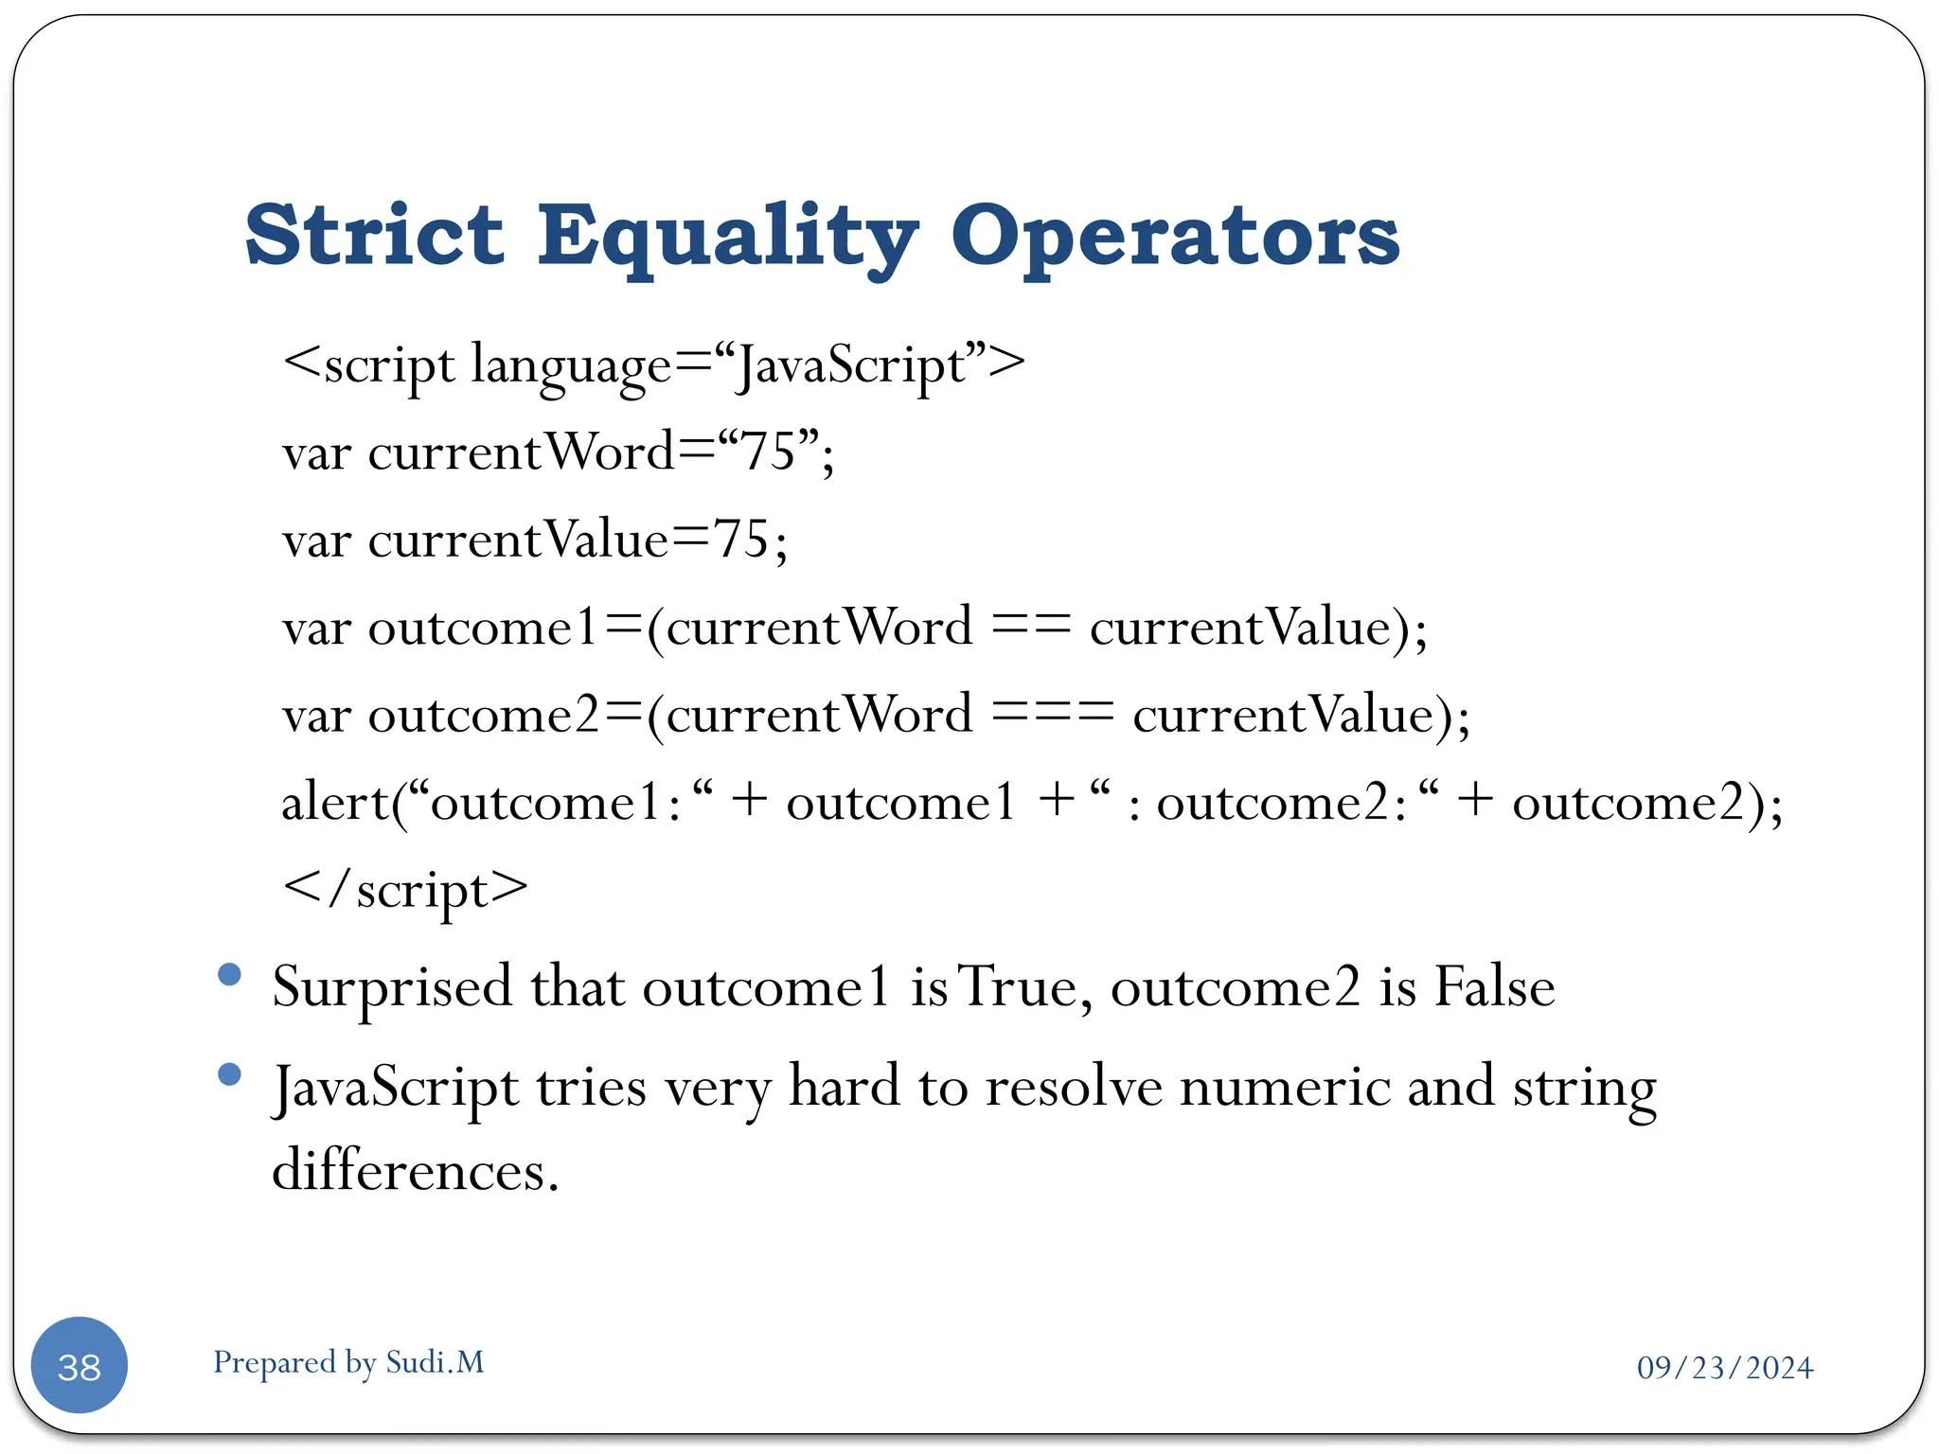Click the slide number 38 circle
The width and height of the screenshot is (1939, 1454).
80,1365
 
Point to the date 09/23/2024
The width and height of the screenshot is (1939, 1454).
1724,1368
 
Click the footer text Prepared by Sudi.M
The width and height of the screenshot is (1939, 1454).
348,1362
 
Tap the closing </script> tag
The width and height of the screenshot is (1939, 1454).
405,890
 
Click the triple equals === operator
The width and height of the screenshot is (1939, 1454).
1053,715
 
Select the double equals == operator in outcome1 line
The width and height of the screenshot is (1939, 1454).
1031,628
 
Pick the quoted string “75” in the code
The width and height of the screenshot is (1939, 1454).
768,452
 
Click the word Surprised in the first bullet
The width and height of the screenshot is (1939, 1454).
392,987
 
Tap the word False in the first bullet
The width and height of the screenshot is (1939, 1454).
1494,987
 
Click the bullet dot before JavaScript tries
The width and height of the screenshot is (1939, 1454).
229,1073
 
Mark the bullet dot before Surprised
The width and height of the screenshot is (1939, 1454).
229,974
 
